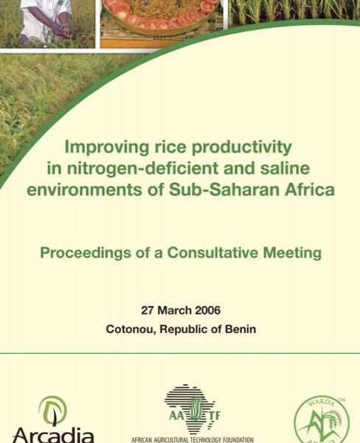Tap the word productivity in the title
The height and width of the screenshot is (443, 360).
point(241,148)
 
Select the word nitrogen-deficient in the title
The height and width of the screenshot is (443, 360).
point(142,168)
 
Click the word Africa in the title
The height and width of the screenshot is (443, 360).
point(309,190)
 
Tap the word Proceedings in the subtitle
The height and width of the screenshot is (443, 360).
point(86,253)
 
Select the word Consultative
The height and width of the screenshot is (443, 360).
point(212,253)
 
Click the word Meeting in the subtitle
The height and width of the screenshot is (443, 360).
point(292,253)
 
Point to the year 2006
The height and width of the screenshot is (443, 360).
point(208,310)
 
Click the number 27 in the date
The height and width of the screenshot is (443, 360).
point(148,310)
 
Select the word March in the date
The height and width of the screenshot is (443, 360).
point(175,310)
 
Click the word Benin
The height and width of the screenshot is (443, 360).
point(240,329)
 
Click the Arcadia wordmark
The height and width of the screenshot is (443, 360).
point(53,435)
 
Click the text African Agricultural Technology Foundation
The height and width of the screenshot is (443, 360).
point(193,439)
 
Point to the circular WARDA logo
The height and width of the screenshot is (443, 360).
point(322,420)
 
